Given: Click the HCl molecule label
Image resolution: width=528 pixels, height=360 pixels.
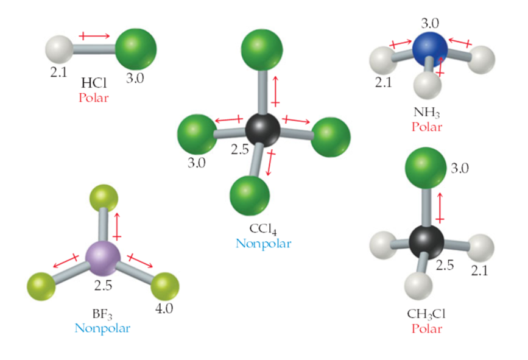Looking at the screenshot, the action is (94, 82).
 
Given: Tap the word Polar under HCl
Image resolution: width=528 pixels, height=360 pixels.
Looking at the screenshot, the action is (94, 97).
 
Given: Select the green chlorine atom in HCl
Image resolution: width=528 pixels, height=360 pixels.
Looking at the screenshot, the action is (136, 49).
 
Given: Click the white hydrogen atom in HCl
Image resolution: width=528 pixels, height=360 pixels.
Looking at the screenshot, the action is (60, 49).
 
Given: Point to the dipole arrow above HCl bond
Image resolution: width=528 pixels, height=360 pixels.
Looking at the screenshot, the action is (94, 36).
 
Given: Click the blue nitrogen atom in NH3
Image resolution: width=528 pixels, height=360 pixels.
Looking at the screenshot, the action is (430, 49).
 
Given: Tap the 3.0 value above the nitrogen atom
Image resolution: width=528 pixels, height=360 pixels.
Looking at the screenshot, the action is (430, 23).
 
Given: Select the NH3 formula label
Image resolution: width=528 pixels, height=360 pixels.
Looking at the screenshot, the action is (427, 113).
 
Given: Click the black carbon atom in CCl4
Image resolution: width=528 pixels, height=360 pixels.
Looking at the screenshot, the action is (262, 130).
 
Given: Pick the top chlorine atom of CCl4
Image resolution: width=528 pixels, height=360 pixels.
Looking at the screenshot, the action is (262, 50).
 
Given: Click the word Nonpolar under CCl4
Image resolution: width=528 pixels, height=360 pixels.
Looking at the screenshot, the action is (263, 243).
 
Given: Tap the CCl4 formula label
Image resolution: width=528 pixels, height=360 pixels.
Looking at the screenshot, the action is (263, 229).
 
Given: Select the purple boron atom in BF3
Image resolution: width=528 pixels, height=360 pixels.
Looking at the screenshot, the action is (103, 258).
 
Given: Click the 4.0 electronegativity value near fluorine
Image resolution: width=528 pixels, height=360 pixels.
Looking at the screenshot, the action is (164, 308).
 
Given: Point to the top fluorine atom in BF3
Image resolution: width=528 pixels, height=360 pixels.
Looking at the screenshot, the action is (104, 199).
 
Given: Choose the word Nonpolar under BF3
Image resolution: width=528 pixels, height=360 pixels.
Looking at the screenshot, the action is (102, 328).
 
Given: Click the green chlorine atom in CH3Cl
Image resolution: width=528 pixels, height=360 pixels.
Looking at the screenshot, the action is (426, 168).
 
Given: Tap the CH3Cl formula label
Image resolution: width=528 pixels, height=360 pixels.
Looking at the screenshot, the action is (426, 314).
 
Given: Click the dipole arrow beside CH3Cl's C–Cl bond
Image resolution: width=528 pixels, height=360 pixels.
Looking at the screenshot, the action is (440, 208).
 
